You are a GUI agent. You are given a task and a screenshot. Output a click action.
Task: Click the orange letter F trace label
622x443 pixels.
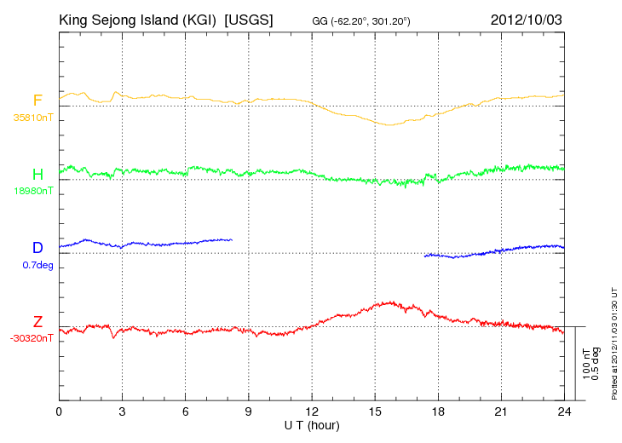pos(37,101)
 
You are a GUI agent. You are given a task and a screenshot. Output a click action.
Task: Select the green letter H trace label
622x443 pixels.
pos(37,174)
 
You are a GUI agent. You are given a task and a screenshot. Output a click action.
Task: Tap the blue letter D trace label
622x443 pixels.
pos(37,247)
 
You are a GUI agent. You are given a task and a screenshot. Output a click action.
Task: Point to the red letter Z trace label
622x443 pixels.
pos(37,321)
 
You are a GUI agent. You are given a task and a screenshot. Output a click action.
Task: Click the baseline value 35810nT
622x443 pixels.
pos(33,118)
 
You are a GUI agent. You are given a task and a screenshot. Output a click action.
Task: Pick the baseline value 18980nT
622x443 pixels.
pos(33,191)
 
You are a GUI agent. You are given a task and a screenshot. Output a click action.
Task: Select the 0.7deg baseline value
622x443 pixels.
pos(37,265)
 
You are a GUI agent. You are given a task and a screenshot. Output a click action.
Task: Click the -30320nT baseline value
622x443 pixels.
pos(32,339)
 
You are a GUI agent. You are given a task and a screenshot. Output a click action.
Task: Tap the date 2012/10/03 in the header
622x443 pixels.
pos(526,20)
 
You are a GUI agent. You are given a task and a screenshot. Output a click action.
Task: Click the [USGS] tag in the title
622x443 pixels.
pos(249,20)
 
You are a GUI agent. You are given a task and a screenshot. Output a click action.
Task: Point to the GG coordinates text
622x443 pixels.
pos(361,21)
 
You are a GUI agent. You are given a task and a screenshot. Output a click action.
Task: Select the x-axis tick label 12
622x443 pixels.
pos(312,412)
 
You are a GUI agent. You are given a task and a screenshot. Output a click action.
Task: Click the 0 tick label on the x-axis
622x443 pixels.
pos(59,412)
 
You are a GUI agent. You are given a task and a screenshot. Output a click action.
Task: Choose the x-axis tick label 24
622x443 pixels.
pos(564,412)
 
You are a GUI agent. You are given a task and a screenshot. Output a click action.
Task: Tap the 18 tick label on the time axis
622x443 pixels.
pos(438,412)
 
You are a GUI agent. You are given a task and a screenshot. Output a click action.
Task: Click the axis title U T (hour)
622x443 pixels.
pos(312,426)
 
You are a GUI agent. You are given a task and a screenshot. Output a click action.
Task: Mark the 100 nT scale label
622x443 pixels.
pos(587,364)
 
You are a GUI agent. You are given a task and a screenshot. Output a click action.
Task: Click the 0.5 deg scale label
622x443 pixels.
pos(596,364)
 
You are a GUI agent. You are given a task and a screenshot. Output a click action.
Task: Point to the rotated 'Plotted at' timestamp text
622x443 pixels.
pos(614,343)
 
